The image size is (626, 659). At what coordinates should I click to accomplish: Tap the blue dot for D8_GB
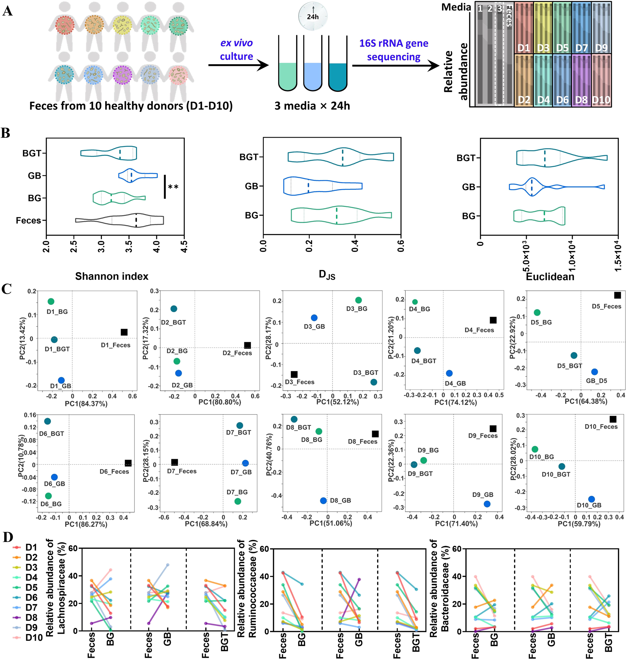(323, 500)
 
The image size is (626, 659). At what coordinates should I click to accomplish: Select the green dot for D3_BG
(358, 300)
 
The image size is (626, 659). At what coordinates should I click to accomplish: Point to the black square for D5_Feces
(617, 295)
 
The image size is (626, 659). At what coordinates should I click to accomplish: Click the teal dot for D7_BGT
(240, 425)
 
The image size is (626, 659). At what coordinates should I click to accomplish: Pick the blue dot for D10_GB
(591, 499)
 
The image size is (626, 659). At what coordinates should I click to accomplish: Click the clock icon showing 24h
(313, 16)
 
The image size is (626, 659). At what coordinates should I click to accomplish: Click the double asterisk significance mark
(173, 187)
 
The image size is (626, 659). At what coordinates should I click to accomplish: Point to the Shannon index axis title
(111, 276)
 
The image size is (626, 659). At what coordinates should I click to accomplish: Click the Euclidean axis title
(550, 277)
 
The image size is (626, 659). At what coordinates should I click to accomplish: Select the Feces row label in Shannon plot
(28, 221)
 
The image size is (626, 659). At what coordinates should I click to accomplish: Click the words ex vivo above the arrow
(236, 43)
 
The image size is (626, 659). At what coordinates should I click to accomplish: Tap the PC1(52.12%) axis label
(338, 402)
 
